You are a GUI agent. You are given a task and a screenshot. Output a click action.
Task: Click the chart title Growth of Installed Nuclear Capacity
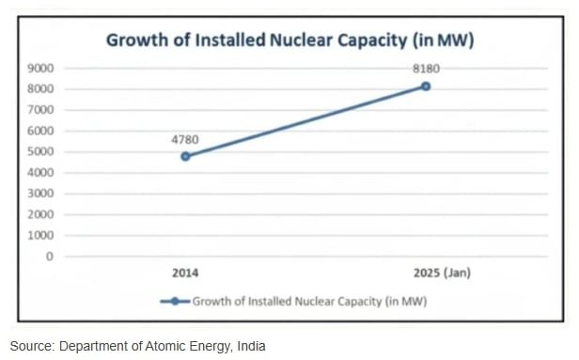289,40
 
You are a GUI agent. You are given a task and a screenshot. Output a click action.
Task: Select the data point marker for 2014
185,156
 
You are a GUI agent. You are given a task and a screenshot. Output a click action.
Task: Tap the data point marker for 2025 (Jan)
426,86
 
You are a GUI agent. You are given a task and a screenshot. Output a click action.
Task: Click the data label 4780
185,139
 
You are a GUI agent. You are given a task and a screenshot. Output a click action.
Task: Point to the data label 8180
426,69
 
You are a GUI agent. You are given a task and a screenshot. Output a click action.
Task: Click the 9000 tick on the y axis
40,69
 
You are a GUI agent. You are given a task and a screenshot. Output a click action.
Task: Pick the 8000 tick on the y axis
40,89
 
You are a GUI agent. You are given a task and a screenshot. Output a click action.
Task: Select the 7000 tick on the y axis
40,110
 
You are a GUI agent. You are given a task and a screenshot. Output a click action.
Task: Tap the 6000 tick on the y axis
40,131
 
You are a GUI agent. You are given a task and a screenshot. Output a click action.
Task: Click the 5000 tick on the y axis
40,151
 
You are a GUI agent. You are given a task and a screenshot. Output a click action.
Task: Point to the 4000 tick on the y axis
40,173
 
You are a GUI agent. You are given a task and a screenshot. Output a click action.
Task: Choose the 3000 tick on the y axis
40,194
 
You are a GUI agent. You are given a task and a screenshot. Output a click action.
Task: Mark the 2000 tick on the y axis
40,214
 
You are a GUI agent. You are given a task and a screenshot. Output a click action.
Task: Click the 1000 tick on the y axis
40,235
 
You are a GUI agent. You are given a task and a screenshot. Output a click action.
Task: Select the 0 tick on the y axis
49,256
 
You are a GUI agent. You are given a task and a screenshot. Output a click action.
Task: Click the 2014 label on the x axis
184,274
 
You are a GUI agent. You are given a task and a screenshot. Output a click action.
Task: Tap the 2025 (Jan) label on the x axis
442,274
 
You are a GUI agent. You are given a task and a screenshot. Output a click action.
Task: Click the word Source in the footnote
32,346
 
